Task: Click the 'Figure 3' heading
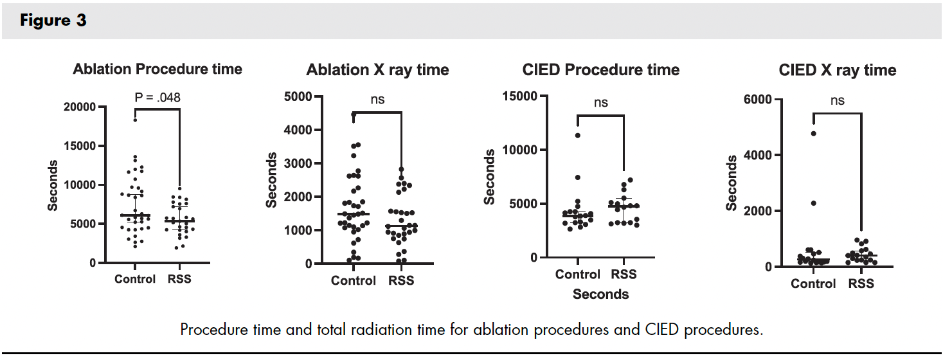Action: coord(53,21)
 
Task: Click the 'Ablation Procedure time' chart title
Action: coord(157,69)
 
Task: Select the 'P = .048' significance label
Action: coord(157,98)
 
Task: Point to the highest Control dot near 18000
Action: coord(135,120)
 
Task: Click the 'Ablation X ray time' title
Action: coord(377,69)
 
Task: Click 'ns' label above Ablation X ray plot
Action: coord(377,100)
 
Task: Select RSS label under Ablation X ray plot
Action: coord(401,280)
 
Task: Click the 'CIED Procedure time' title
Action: coord(601,69)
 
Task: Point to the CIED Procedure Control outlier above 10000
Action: coord(578,136)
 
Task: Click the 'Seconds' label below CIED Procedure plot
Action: coord(600,294)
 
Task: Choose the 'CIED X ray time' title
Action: coord(837,69)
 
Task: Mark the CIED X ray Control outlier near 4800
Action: coord(813,134)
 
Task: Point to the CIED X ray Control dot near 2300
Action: coord(813,203)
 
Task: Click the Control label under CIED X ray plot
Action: coord(813,283)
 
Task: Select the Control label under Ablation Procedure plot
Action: coord(135,279)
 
